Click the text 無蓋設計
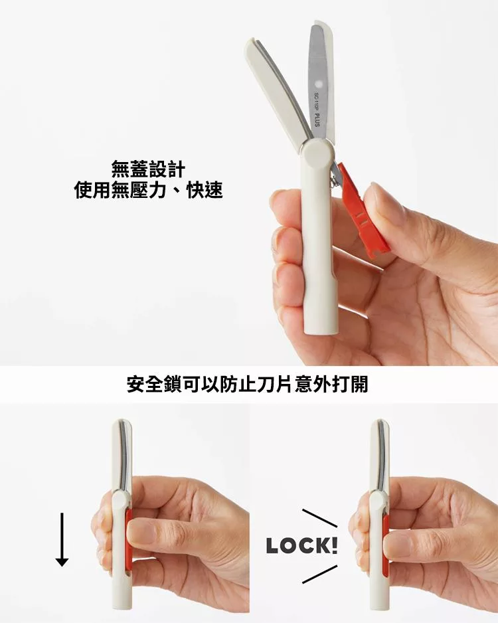pyautogui.click(x=147, y=169)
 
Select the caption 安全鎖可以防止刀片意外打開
pyautogui.click(x=248, y=384)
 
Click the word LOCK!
pyautogui.click(x=302, y=545)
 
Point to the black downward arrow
pyautogui.click(x=62, y=539)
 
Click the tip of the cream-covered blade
pyautogui.click(x=250, y=43)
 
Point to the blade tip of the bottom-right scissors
pyautogui.click(x=380, y=422)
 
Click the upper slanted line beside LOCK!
pyautogui.click(x=319, y=518)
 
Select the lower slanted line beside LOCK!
pyautogui.click(x=319, y=574)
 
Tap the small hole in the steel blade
pyautogui.click(x=317, y=84)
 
